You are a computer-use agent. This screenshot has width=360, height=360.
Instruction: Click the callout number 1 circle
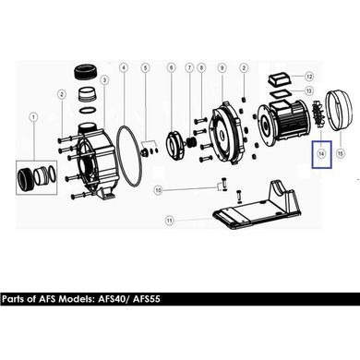tap(33, 117)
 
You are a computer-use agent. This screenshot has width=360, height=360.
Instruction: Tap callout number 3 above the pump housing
tap(104, 80)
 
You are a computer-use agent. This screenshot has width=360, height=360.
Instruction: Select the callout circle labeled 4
tap(124, 67)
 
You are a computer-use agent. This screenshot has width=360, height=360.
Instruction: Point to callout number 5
tap(146, 67)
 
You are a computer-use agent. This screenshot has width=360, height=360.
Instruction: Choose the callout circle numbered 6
tap(172, 67)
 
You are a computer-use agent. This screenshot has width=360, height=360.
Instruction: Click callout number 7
tap(189, 67)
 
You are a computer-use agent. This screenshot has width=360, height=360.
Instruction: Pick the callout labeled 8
tap(201, 67)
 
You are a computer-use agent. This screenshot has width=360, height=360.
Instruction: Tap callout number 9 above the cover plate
tap(222, 67)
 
